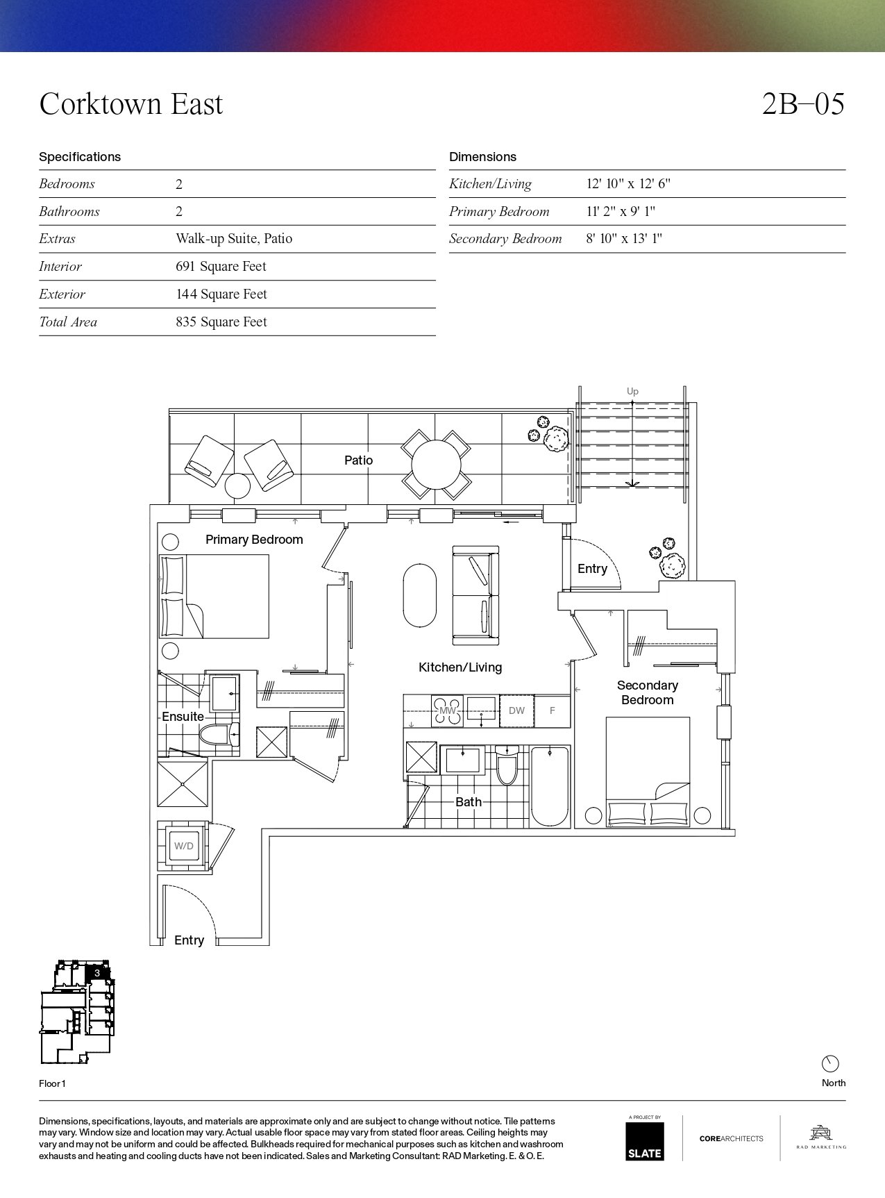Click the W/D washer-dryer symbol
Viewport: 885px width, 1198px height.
pyautogui.click(x=183, y=846)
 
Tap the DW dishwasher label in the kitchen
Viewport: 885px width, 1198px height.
pyautogui.click(x=516, y=710)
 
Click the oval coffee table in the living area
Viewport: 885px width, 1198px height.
pyautogui.click(x=420, y=595)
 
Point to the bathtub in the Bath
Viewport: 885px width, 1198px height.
pyautogui.click(x=550, y=786)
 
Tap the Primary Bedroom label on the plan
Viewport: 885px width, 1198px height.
pyautogui.click(x=254, y=540)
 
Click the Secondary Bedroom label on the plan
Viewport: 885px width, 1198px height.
pyautogui.click(x=648, y=692)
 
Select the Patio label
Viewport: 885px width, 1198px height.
pyautogui.click(x=358, y=460)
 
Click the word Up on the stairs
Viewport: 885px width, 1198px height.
pyautogui.click(x=632, y=392)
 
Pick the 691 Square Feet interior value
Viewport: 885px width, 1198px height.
pyautogui.click(x=221, y=267)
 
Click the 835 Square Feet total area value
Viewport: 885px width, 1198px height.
pyautogui.click(x=221, y=322)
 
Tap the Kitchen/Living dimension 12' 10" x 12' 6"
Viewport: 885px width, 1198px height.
pyautogui.click(x=628, y=184)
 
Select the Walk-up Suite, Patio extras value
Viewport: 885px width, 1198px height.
pyautogui.click(x=234, y=239)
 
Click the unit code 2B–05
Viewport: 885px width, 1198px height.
pyautogui.click(x=803, y=104)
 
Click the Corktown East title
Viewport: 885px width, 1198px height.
pyautogui.click(x=131, y=104)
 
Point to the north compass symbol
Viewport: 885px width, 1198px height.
pyautogui.click(x=830, y=1063)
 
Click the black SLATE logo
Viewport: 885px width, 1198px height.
pyautogui.click(x=644, y=1141)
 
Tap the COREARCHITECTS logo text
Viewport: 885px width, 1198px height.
pyautogui.click(x=731, y=1138)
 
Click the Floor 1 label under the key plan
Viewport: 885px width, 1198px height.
pyautogui.click(x=52, y=1083)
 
